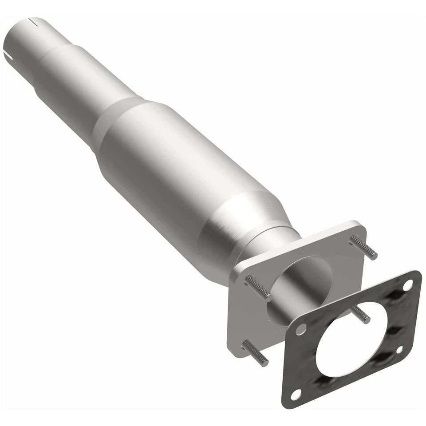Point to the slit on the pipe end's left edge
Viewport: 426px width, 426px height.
click(8, 56)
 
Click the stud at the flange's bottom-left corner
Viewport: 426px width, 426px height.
click(256, 353)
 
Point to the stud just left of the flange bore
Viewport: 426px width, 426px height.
click(258, 288)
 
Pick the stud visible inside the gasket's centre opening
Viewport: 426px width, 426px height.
click(360, 314)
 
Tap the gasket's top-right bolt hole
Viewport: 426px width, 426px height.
click(407, 285)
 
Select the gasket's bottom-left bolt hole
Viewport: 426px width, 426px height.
click(297, 392)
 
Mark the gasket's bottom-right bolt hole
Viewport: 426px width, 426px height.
click(400, 349)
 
